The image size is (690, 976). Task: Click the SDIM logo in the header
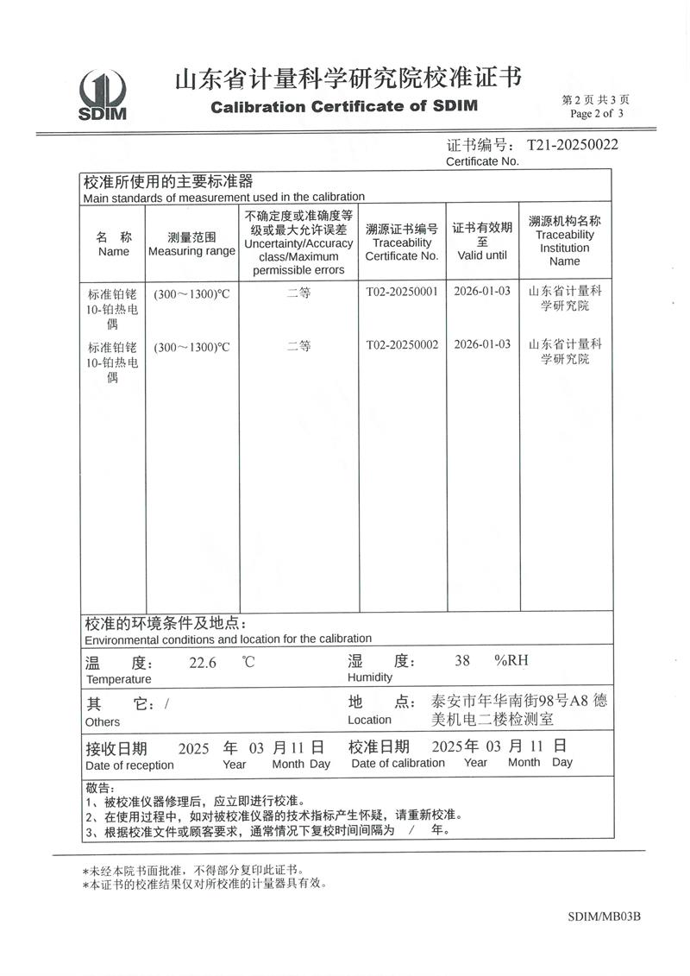103,95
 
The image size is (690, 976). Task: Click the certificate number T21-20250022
573,145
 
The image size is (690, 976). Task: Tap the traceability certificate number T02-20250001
402,292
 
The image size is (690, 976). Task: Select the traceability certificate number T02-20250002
402,344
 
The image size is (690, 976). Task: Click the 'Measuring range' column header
191,251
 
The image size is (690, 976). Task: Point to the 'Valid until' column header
482,255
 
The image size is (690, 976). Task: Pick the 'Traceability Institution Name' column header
565,248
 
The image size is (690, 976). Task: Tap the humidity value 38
462,661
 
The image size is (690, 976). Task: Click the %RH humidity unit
511,661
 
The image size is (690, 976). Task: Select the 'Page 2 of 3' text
597,113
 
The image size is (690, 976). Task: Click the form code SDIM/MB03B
605,916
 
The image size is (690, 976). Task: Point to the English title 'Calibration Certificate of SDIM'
344,107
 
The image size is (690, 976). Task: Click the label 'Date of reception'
129,765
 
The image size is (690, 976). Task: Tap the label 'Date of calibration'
398,763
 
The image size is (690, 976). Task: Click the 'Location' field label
369,720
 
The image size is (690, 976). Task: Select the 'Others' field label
103,721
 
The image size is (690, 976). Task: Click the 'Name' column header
114,251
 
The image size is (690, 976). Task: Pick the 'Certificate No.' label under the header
482,161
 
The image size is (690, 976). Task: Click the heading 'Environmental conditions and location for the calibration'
228,639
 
